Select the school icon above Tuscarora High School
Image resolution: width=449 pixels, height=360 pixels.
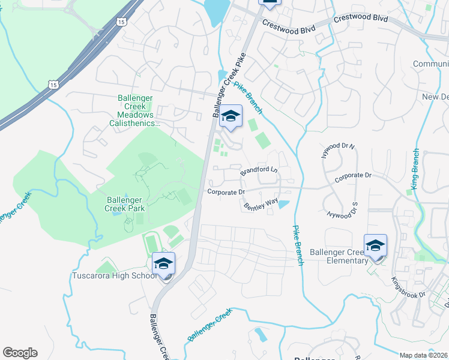click(163, 265)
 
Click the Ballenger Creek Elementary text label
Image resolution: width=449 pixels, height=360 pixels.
click(339, 256)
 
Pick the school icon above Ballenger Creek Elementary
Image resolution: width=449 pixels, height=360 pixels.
click(375, 246)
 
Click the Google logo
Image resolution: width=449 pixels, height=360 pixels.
click(20, 353)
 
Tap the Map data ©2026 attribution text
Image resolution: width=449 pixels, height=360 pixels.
click(424, 355)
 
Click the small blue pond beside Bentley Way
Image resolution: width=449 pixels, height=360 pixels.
click(283, 204)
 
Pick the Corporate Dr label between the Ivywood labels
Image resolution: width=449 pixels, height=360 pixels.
click(354, 176)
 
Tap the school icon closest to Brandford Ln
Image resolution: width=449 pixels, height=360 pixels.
click(230, 116)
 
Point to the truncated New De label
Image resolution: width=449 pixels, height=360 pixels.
click(435, 97)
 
